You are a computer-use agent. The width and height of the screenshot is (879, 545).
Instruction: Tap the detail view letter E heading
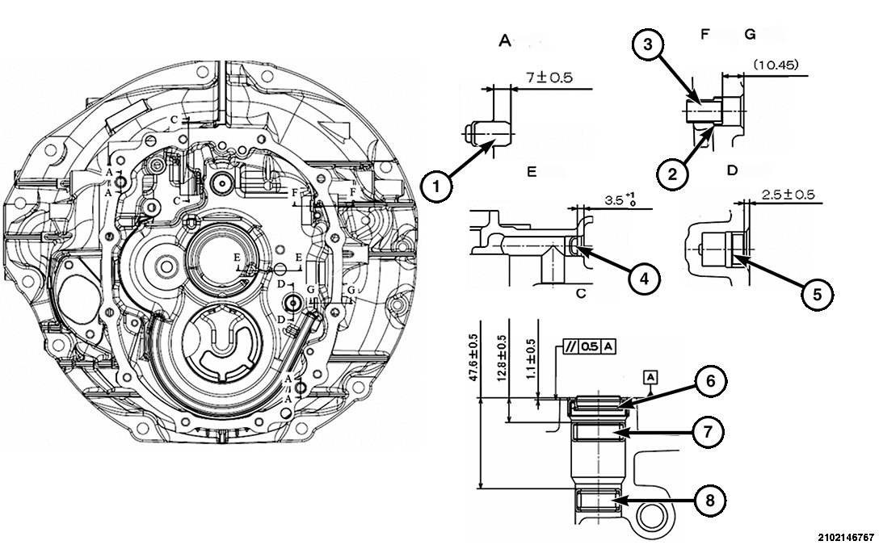(531, 172)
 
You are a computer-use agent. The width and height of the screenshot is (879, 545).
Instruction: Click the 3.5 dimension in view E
(618, 198)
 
